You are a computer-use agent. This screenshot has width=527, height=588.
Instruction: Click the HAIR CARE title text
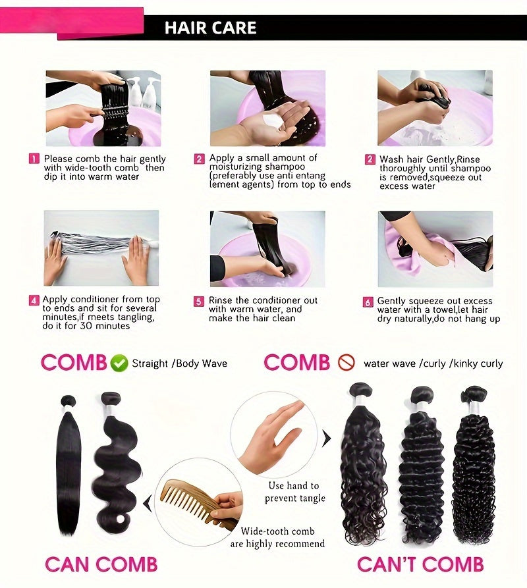(x=210, y=28)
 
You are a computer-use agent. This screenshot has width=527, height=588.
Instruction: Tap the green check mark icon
(x=119, y=363)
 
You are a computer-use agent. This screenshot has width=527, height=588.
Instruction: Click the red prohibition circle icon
(x=347, y=363)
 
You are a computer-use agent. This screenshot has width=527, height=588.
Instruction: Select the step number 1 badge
(x=34, y=159)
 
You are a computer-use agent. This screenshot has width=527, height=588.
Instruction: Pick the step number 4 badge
(x=34, y=300)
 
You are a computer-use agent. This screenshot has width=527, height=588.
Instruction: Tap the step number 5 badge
(x=199, y=301)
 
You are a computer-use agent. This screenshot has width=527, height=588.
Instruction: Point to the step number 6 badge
(x=368, y=302)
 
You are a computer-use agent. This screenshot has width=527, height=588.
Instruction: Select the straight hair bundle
(x=69, y=465)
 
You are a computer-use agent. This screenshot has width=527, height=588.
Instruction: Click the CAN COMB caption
(x=101, y=564)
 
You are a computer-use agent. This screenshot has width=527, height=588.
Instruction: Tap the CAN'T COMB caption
(x=420, y=564)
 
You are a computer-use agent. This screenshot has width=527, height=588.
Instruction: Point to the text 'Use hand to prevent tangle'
(x=295, y=492)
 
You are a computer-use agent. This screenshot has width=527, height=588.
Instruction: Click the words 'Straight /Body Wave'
(x=179, y=363)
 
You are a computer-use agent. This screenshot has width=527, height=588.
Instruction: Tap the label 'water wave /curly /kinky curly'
(x=433, y=363)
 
